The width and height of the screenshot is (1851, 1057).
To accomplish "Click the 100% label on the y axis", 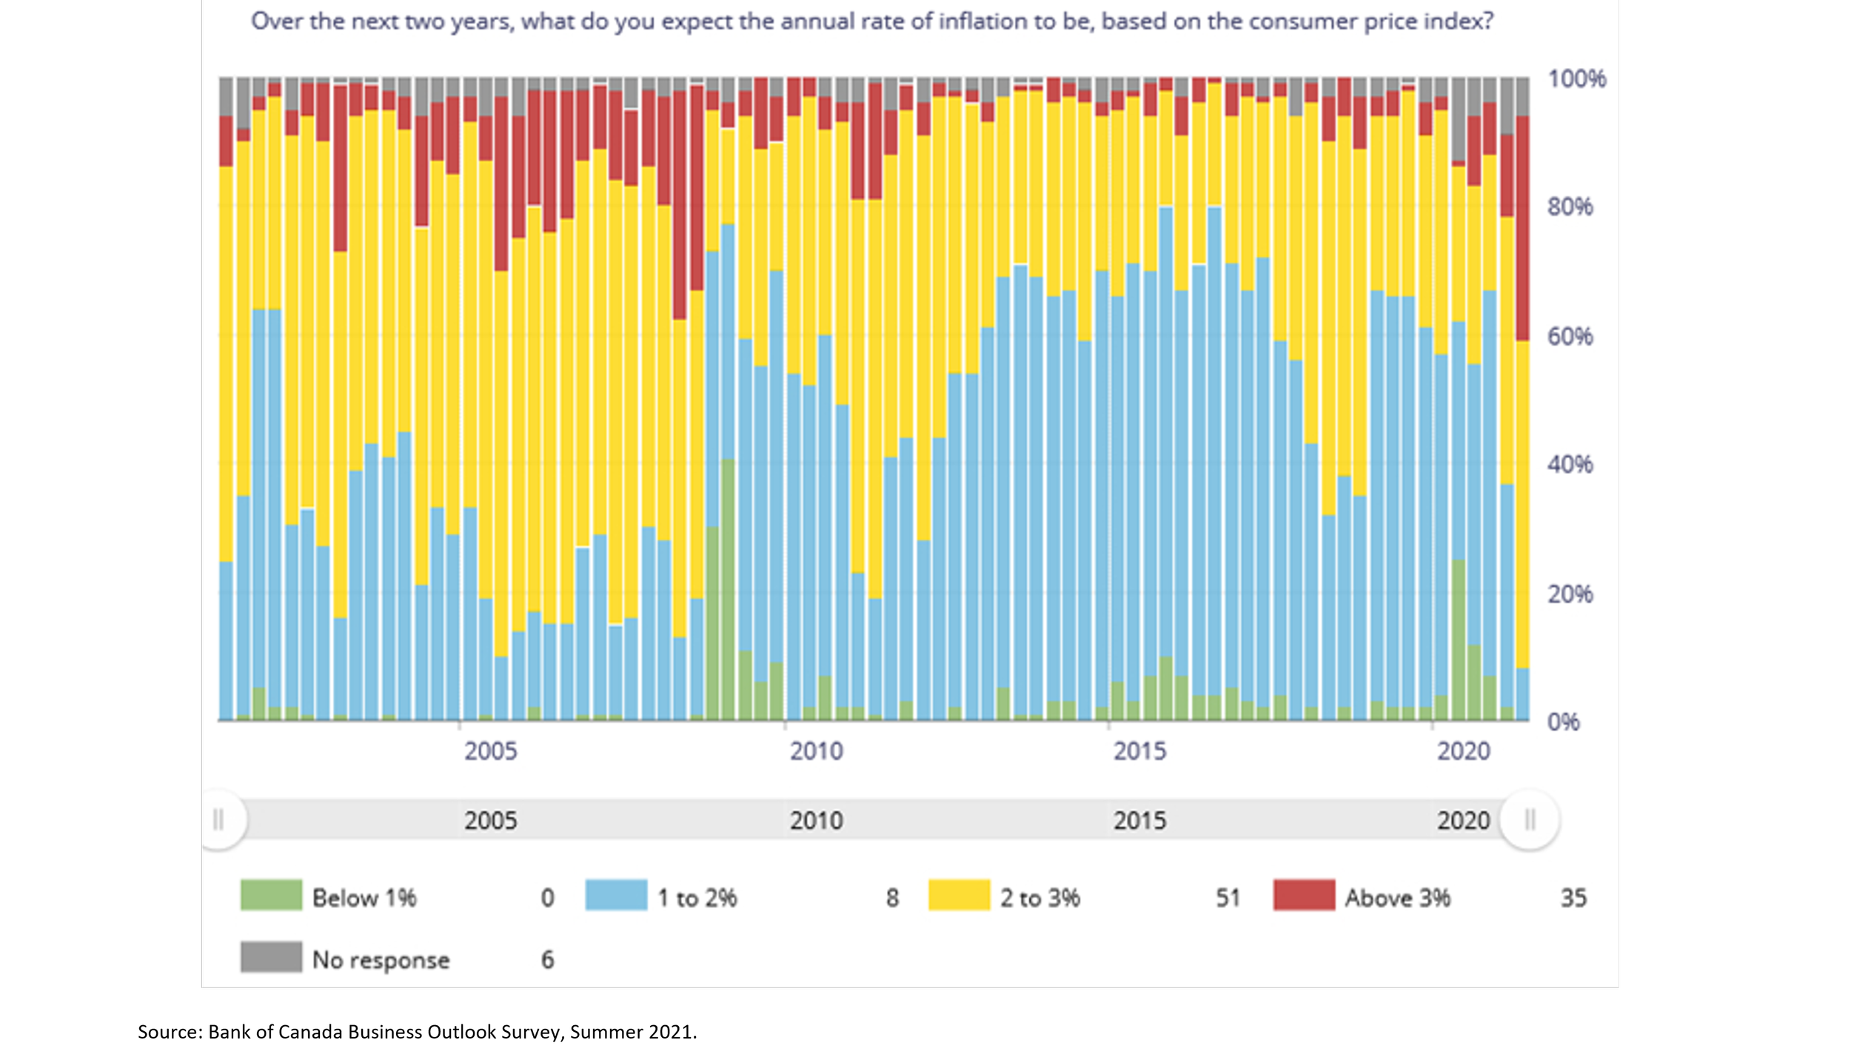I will pos(1576,78).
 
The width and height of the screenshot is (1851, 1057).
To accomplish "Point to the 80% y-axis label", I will pos(1570,207).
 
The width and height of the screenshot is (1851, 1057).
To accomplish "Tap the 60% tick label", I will pos(1570,337).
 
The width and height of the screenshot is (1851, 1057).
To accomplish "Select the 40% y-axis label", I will pos(1570,465).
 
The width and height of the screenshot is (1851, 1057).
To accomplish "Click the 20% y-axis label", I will pos(1570,594).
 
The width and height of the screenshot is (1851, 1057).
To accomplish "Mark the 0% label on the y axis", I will pos(1563,722).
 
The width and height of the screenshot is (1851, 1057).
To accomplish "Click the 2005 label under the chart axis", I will pos(490,751).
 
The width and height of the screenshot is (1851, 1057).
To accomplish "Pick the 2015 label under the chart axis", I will pos(1139,751).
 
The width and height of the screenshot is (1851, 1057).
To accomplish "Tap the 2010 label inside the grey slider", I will pos(816,821).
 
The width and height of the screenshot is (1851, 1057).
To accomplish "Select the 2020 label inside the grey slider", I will pos(1463,821).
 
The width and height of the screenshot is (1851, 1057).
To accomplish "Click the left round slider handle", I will pos(218,820).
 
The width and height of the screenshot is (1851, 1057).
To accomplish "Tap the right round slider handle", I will pos(1530,820).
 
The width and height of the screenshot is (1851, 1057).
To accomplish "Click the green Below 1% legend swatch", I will pos(271,895).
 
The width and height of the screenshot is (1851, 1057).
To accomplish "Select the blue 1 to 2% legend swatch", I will pos(616,895).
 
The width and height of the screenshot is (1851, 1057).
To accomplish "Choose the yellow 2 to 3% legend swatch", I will pos(959,895).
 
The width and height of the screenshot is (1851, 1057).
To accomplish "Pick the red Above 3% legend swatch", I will pos(1304,895).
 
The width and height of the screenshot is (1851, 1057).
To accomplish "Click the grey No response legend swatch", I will pos(271,957).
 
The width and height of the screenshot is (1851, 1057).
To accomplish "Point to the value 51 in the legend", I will pos(1228,898).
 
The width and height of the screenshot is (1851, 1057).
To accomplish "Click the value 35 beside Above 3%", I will pos(1573,898).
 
